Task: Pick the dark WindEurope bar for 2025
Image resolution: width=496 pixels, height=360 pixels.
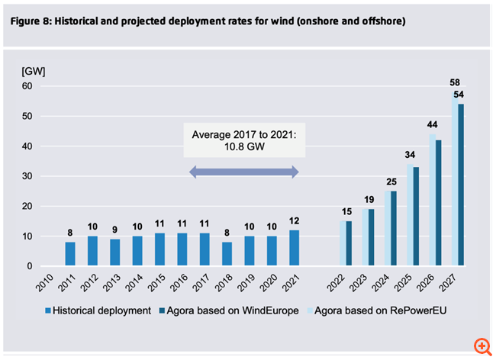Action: click(416, 217)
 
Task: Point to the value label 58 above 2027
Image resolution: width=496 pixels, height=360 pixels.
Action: click(454, 81)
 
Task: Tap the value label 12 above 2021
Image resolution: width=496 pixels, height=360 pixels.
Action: click(295, 220)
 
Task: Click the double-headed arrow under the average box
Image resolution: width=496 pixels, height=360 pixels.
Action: click(243, 174)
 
